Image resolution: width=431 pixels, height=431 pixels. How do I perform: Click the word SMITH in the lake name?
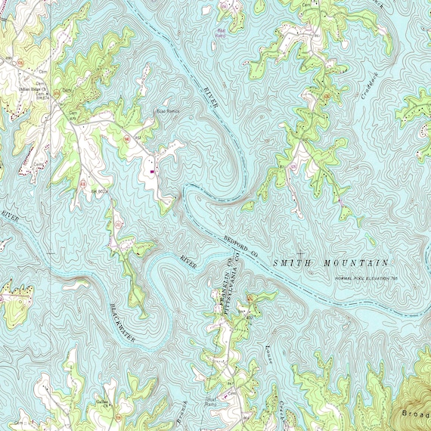coord(290,262)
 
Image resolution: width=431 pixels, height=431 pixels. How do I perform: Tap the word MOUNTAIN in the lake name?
coord(352,262)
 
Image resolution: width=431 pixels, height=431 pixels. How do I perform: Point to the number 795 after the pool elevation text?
coord(395,279)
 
